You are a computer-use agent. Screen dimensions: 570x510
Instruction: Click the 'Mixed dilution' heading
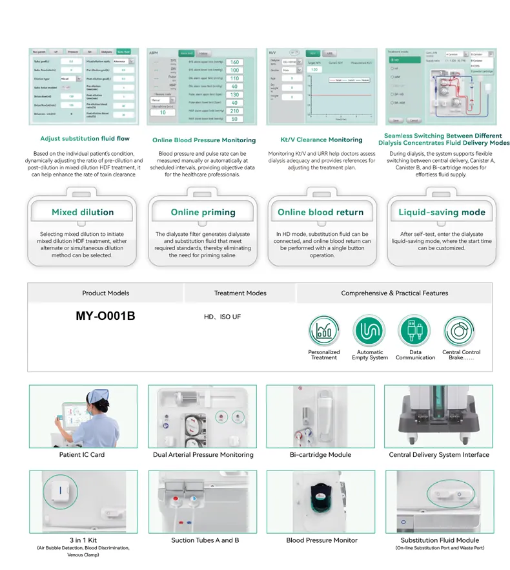tap(83, 212)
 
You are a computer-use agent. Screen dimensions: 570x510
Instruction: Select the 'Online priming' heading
tap(203, 212)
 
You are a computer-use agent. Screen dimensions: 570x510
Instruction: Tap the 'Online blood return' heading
tap(320, 212)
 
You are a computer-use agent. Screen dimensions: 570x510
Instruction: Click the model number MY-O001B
tap(106, 317)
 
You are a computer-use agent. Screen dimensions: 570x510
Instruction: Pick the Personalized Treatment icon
tap(323, 332)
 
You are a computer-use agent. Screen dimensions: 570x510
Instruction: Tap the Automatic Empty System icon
tap(370, 332)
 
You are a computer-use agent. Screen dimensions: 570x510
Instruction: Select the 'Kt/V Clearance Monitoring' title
tap(321, 140)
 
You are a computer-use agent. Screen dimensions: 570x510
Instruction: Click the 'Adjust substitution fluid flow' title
tap(85, 138)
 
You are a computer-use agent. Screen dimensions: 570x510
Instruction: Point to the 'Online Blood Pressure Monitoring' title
tap(204, 140)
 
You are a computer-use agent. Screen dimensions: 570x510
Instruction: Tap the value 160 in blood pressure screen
tap(234, 63)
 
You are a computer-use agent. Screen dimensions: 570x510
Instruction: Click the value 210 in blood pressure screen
tap(234, 111)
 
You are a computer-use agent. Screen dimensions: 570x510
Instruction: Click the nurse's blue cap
tap(99, 396)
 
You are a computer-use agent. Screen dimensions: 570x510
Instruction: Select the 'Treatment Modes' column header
tap(240, 293)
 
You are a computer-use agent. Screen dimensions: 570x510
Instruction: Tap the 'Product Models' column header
tap(106, 293)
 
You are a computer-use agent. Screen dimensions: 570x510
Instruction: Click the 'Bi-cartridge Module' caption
tap(321, 455)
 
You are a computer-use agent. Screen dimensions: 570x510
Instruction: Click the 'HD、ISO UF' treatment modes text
tap(222, 318)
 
